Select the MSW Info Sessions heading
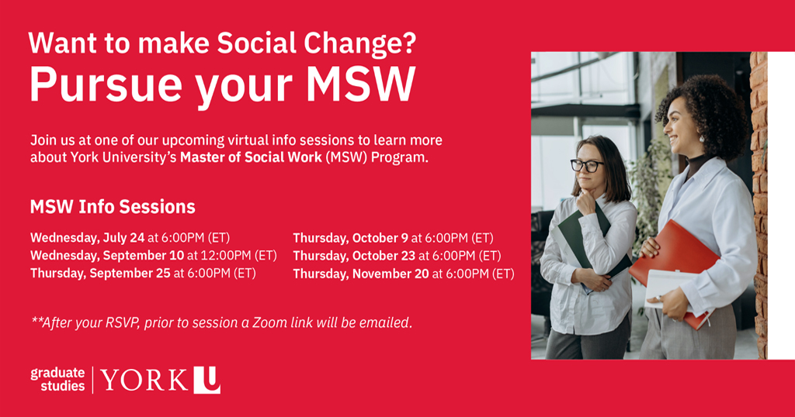[113, 207]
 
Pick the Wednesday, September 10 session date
[107, 255]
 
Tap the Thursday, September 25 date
[100, 273]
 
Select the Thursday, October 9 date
[350, 238]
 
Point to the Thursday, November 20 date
[361, 274]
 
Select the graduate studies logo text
[57, 379]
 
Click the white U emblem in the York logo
[207, 380]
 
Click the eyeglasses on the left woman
[587, 165]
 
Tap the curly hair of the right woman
[703, 109]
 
